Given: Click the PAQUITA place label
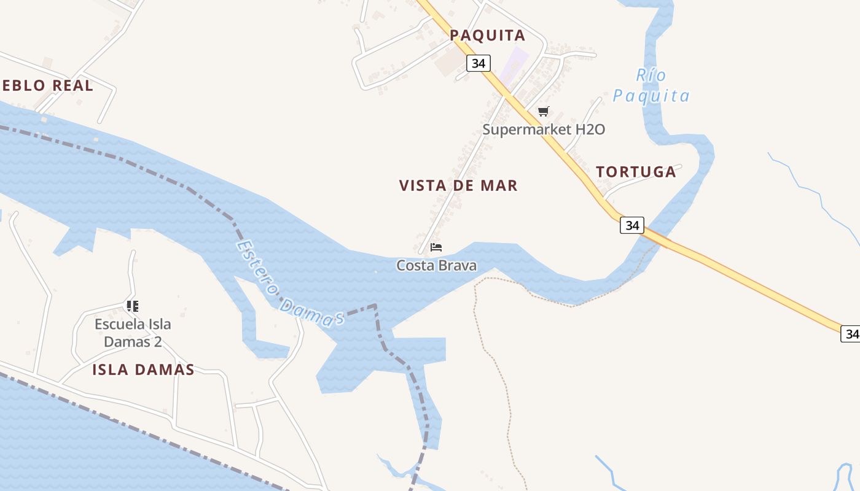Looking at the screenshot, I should pyautogui.click(x=487, y=36).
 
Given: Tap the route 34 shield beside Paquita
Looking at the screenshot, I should pyautogui.click(x=478, y=63).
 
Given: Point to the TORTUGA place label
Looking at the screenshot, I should pyautogui.click(x=636, y=172).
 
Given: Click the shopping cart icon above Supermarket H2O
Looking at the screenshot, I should pyautogui.click(x=543, y=112).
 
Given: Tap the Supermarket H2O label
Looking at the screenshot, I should pyautogui.click(x=544, y=130).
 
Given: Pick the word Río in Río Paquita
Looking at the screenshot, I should pyautogui.click(x=651, y=75).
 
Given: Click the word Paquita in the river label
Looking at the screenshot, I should pyautogui.click(x=651, y=96).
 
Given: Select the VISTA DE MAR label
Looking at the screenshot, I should pyautogui.click(x=458, y=185).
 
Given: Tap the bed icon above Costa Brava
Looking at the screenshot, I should pyautogui.click(x=436, y=247).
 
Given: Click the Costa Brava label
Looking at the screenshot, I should pyautogui.click(x=436, y=266).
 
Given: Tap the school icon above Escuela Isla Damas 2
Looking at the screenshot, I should pyautogui.click(x=133, y=306).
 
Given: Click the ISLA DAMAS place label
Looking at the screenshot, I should pyautogui.click(x=143, y=369).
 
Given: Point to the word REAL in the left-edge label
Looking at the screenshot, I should pyautogui.click(x=72, y=86).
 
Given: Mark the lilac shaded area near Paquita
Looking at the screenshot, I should pyautogui.click(x=514, y=66).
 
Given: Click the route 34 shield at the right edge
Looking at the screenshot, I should pyautogui.click(x=851, y=334).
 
